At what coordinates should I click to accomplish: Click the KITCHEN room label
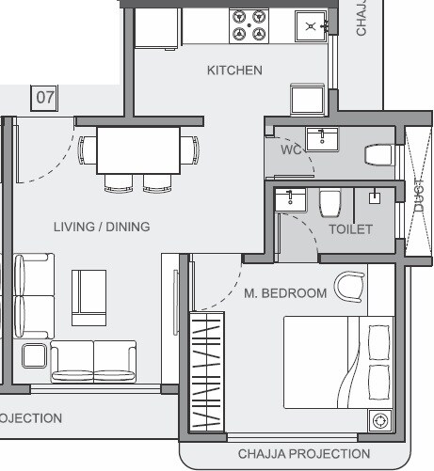234,71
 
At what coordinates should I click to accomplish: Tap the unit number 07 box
44,97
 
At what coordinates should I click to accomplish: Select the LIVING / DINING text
102,227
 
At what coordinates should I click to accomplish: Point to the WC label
291,149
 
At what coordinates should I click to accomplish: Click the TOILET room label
350,228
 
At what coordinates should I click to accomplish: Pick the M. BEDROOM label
285,293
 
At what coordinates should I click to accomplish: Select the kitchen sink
310,27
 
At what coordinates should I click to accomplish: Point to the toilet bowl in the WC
379,154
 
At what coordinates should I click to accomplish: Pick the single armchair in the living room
91,290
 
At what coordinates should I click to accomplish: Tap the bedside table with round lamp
381,420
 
